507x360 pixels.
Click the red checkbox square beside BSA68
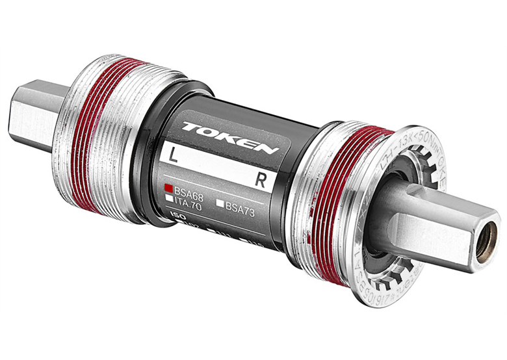(168, 186)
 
